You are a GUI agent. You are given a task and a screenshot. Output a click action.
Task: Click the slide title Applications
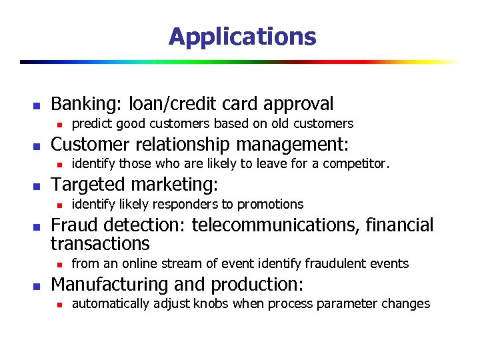tap(242, 36)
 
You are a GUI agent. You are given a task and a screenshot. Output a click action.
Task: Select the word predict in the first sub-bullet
tap(91, 123)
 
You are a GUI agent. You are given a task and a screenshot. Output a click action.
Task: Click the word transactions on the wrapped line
tap(100, 243)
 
